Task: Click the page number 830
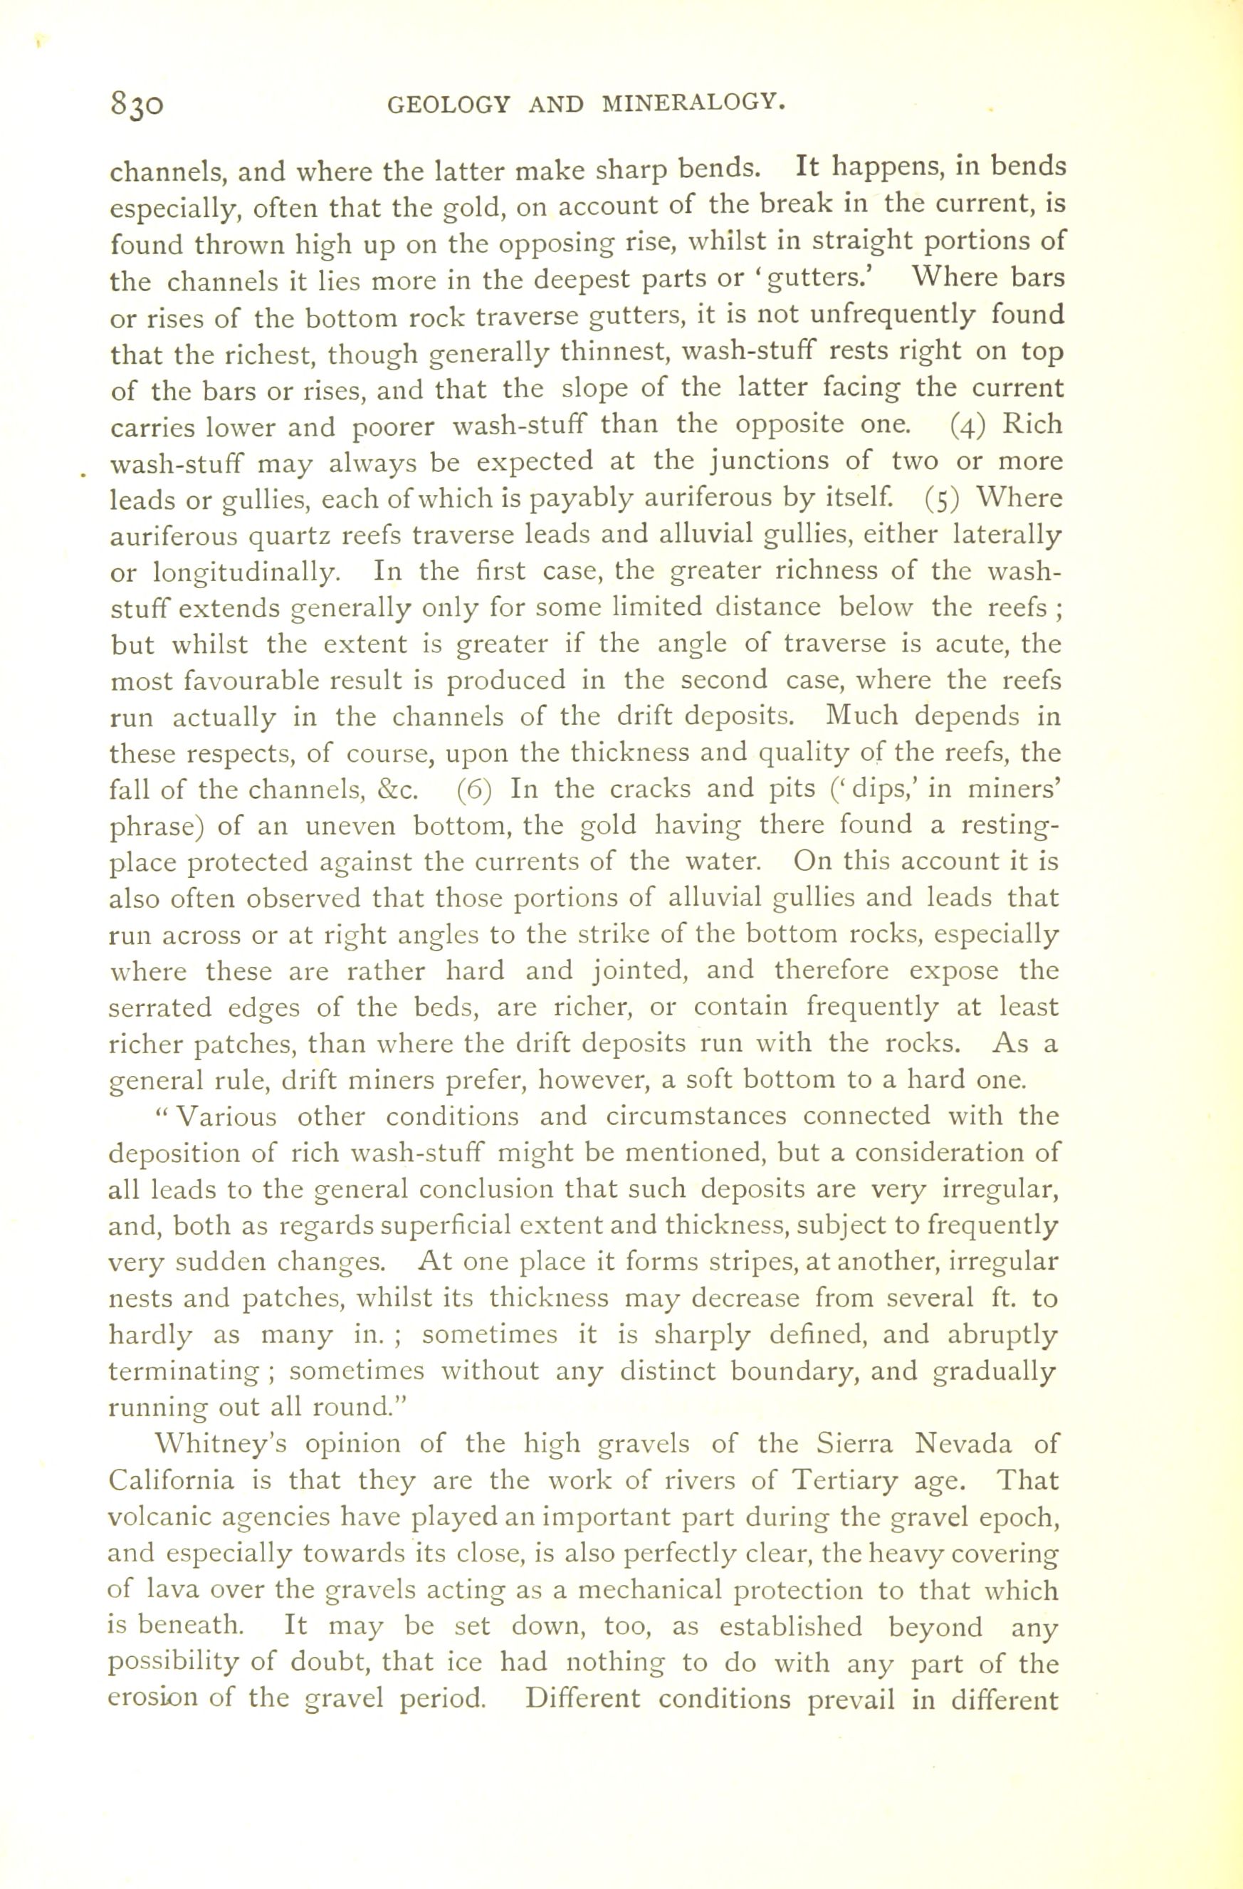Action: coord(138,104)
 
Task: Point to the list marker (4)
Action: coord(967,425)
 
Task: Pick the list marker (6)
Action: coord(476,790)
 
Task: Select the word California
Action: coord(172,1480)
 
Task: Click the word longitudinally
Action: coord(235,572)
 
